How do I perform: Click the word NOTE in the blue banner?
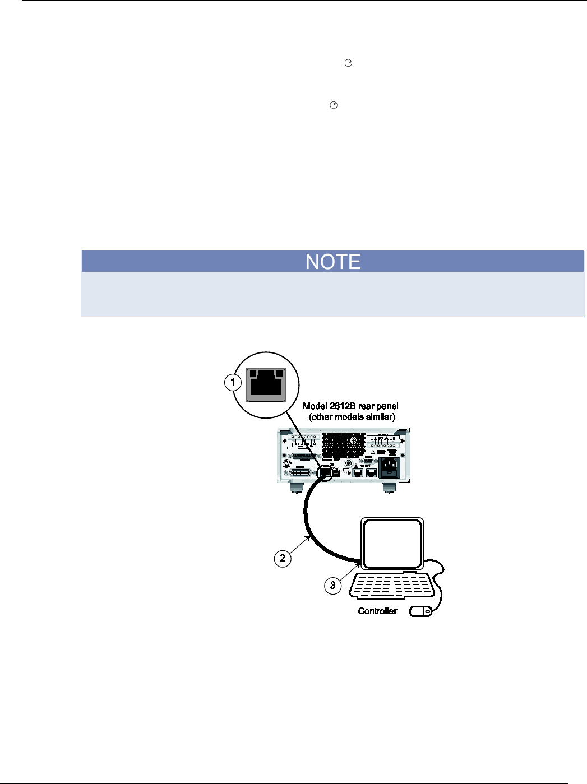point(333,262)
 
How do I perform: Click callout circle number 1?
point(233,383)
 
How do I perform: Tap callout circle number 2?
point(283,558)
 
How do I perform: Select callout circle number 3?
point(332,585)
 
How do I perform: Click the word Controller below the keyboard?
point(377,611)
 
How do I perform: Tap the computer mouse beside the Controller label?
point(421,611)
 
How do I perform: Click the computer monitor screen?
point(392,544)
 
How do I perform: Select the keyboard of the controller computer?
point(392,586)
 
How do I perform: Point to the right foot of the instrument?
point(389,488)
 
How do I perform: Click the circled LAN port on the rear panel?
point(325,473)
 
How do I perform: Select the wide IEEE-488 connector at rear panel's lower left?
point(301,474)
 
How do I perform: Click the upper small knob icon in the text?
point(348,63)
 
